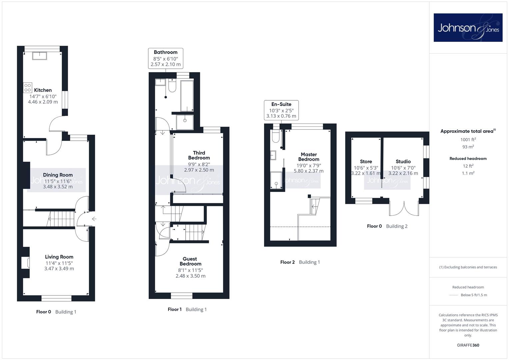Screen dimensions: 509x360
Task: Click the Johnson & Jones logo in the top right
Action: pyautogui.click(x=468, y=27)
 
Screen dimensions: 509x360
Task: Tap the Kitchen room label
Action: pyautogui.click(x=43, y=90)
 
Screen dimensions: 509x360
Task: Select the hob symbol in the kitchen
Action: pyautogui.click(x=27, y=87)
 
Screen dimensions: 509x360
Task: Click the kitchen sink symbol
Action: pyautogui.click(x=40, y=56)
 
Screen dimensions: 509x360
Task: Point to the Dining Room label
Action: pyautogui.click(x=58, y=175)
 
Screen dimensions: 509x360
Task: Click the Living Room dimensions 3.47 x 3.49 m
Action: pyautogui.click(x=59, y=268)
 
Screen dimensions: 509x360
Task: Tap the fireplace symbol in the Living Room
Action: pyautogui.click(x=25, y=263)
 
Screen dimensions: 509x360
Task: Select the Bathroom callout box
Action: pyautogui.click(x=166, y=58)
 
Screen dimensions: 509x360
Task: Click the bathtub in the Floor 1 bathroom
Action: pyautogui.click(x=187, y=96)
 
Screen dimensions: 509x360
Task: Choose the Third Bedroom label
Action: pyautogui.click(x=199, y=155)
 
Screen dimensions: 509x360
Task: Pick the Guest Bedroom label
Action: pyautogui.click(x=190, y=261)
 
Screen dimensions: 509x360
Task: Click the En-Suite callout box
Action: pyautogui.click(x=281, y=110)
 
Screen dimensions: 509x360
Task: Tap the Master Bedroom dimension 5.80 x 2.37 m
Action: pyautogui.click(x=309, y=171)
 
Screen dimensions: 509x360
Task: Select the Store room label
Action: pyautogui.click(x=366, y=161)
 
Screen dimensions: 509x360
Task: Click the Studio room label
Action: pyautogui.click(x=403, y=161)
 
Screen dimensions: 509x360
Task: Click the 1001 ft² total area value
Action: pyautogui.click(x=468, y=139)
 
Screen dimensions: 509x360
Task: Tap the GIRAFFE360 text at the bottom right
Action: pyautogui.click(x=468, y=345)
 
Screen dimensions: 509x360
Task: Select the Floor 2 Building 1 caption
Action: pyautogui.click(x=300, y=262)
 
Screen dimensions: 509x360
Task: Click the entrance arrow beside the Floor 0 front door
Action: pyautogui.click(x=94, y=219)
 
